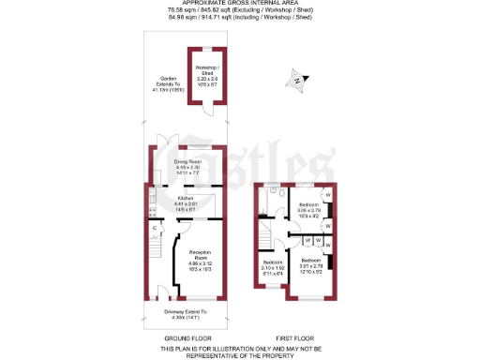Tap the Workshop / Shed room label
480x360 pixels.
[x=206, y=76]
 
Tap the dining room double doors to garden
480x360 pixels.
[x=166, y=144]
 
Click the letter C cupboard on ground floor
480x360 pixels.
[x=154, y=228]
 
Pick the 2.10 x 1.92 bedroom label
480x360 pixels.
[x=272, y=265]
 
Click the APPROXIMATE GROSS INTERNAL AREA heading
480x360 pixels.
[x=239, y=4]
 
